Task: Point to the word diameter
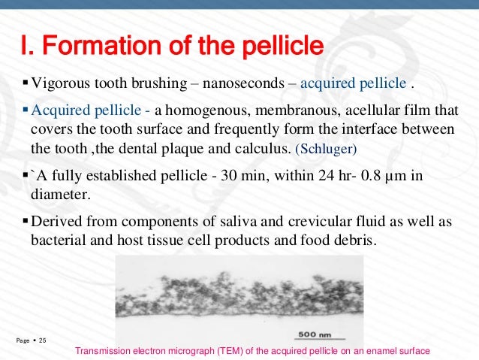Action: click(58, 194)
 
